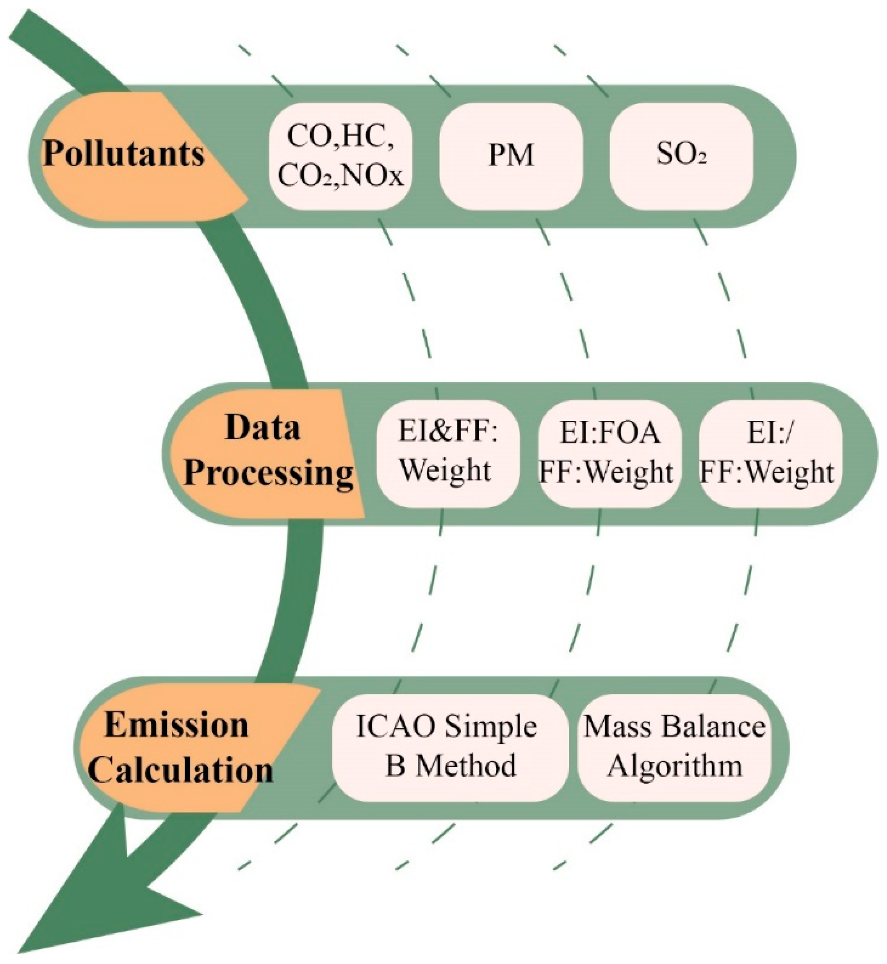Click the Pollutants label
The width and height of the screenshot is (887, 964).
coord(124,154)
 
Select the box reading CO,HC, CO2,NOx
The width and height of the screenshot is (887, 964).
coord(340,157)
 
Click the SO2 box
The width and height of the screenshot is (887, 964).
coord(681,157)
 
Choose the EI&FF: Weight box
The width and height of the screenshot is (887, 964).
coord(447,453)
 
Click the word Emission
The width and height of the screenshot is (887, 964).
coord(177,725)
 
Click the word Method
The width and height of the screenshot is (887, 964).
coord(466,767)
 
